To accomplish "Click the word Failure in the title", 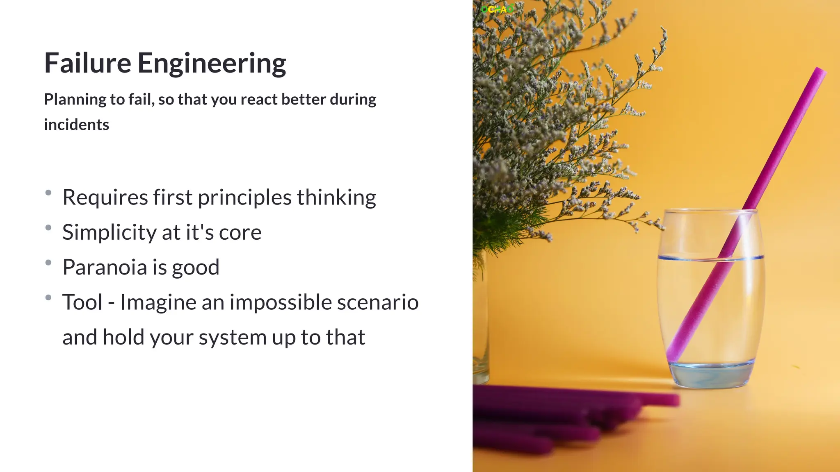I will point(87,63).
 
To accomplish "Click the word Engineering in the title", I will point(211,64).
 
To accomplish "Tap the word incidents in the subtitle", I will point(76,125).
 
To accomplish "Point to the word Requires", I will point(105,197).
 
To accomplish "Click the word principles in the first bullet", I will point(244,197).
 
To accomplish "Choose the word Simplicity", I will point(109,232).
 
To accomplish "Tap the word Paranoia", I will point(105,267).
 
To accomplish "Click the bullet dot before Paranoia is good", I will point(48,263).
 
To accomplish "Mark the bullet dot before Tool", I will point(48,297).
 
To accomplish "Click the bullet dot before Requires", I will point(48,193).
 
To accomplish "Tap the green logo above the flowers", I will point(497,9).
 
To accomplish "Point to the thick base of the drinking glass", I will point(712,375).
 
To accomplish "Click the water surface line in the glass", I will point(710,258).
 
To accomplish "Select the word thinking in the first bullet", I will point(336,197).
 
